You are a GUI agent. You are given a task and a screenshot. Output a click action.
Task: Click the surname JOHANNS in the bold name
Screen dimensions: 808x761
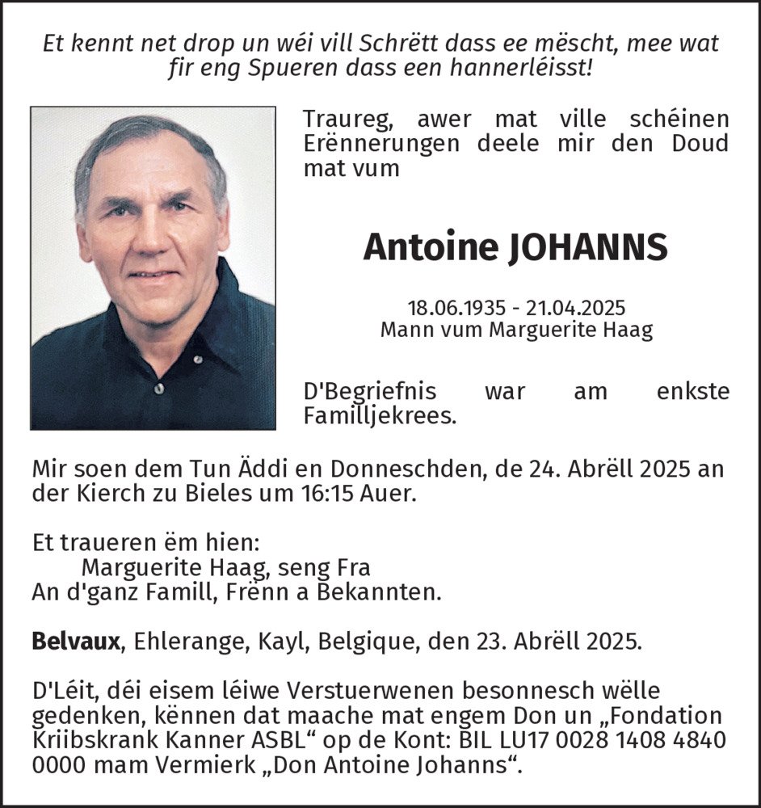[x=588, y=247]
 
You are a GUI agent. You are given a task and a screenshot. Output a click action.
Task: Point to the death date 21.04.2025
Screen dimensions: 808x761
[x=575, y=309]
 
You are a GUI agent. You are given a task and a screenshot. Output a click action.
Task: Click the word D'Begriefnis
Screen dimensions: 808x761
[x=370, y=392]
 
